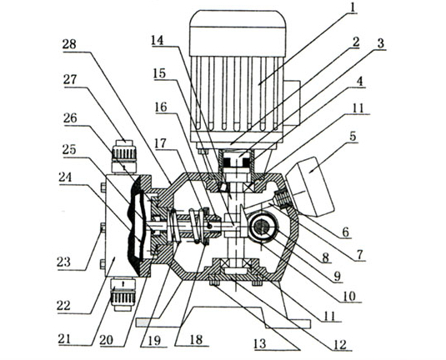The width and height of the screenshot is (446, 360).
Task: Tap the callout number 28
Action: coord(69,45)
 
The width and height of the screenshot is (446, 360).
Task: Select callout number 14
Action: coord(158,40)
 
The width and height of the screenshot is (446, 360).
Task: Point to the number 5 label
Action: coord(353,136)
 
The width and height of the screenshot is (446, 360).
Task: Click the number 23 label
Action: coord(63,262)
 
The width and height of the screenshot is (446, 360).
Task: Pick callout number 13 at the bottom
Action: coord(260,344)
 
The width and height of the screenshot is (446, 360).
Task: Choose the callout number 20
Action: coord(107,339)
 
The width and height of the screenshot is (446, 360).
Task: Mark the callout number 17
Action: coord(160,143)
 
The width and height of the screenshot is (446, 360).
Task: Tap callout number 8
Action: coord(325,257)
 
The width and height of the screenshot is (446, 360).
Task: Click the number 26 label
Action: coord(70,118)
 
